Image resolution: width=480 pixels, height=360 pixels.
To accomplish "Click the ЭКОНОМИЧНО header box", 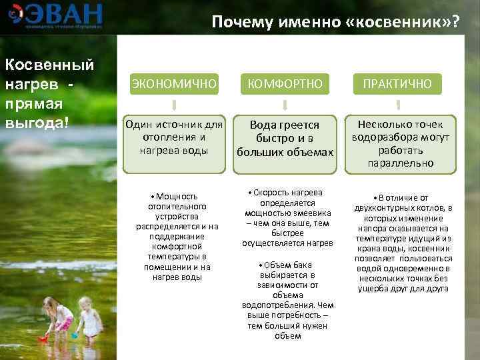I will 173,83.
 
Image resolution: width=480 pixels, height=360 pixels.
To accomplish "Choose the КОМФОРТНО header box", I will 285,83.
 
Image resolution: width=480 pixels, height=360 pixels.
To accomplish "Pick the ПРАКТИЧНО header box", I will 397,83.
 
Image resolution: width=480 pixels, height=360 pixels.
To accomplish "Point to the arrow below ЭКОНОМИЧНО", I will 173,105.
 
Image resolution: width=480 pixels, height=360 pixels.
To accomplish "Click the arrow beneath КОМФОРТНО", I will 285,105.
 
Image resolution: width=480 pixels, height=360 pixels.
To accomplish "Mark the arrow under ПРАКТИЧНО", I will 397,105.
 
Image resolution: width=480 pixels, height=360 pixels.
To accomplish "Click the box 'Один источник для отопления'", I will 173,137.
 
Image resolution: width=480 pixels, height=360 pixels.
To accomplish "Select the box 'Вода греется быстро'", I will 285,139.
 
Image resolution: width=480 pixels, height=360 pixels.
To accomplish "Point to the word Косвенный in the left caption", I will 49,65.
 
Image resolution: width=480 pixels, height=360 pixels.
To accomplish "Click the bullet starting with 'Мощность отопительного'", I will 177,236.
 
